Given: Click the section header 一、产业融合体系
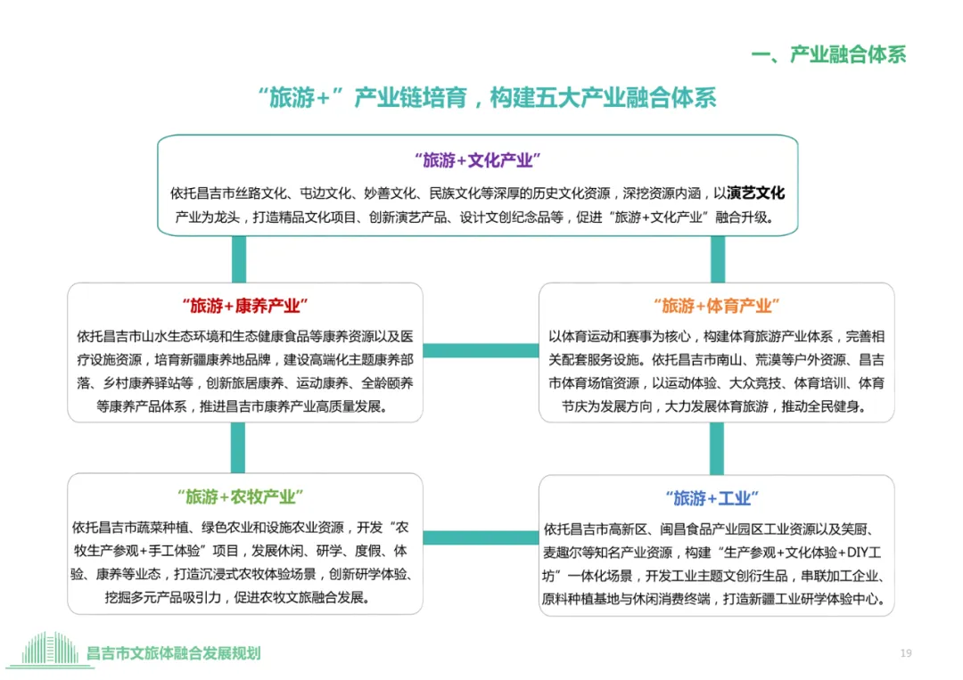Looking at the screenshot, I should [828, 54].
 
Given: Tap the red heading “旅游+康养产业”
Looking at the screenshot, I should [244, 306].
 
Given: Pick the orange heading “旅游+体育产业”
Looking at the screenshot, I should [716, 306].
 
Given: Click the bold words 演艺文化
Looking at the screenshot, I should [756, 193].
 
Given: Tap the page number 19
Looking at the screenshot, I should [906, 653].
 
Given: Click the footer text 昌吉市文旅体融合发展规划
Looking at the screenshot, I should [174, 653].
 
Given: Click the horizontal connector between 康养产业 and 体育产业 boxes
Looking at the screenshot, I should [481, 351].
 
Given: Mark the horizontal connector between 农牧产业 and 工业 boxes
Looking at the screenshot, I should [481, 537].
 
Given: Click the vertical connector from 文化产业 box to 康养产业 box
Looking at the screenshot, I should [238, 259].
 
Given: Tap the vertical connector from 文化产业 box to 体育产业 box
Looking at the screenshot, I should [718, 259].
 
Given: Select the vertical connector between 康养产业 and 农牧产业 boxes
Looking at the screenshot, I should [238, 447].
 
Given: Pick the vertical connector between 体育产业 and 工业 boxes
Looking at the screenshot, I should [718, 448].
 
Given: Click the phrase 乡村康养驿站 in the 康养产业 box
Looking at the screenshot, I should [154, 384].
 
